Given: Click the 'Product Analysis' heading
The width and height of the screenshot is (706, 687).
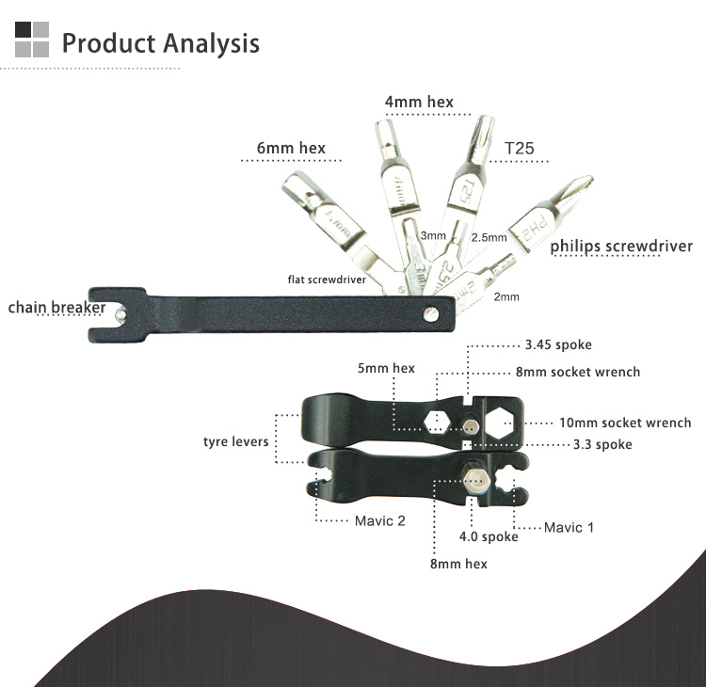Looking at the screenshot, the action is (x=160, y=43).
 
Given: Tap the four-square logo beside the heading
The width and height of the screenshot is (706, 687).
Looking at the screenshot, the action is (x=32, y=40).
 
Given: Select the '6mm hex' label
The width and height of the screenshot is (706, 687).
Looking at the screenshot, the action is (x=291, y=148).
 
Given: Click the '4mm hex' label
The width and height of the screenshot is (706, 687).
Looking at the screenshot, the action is (x=419, y=103).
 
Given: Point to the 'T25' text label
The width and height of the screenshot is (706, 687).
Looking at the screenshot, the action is (x=519, y=148).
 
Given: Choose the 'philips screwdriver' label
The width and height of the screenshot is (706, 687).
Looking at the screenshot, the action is (x=621, y=247).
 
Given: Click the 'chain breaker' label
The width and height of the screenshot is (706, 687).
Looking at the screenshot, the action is (x=56, y=308).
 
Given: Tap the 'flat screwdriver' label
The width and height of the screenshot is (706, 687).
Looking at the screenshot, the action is (x=327, y=280).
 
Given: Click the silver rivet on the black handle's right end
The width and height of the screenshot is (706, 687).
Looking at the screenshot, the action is (x=431, y=313).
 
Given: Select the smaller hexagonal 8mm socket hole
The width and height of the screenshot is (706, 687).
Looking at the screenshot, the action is (x=437, y=423).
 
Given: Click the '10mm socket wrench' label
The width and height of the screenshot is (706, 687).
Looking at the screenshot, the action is (x=625, y=423).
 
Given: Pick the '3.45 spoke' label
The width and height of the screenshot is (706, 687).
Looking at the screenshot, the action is (x=558, y=344).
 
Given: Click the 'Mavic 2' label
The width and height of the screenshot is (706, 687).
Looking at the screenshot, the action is (x=380, y=520).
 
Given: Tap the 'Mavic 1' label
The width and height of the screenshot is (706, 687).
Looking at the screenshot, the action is (x=569, y=527).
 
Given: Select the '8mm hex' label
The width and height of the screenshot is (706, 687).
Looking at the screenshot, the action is (x=458, y=564).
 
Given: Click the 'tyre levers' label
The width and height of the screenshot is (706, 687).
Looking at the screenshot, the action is (x=235, y=441).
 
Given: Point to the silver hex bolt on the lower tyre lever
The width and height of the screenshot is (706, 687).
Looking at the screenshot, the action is (x=475, y=481).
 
